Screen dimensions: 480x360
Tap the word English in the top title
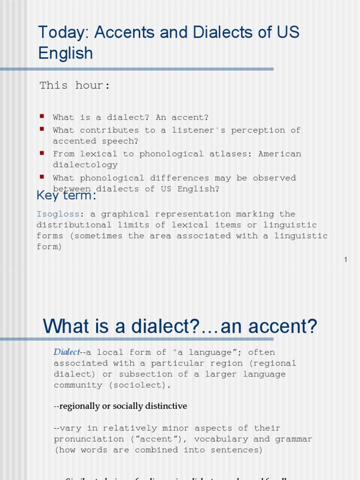pyautogui.click(x=66, y=53)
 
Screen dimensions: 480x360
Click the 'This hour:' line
pyautogui.click(x=75, y=85)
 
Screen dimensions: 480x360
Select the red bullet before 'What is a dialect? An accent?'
pyautogui.click(x=42, y=116)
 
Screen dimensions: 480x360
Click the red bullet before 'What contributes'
pyautogui.click(x=42, y=128)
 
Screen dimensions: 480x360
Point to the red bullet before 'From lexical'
pyautogui.click(x=42, y=152)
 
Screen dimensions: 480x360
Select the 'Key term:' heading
pyautogui.click(x=66, y=195)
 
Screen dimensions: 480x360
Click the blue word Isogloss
pyautogui.click(x=58, y=214)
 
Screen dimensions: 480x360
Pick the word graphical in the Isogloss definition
pyautogui.click(x=123, y=214)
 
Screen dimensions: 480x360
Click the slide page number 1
pyautogui.click(x=345, y=260)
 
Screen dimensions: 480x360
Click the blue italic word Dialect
pyautogui.click(x=67, y=352)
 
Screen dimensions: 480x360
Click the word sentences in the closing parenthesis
pyautogui.click(x=237, y=450)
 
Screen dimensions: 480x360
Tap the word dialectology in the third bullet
pyautogui.click(x=85, y=165)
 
